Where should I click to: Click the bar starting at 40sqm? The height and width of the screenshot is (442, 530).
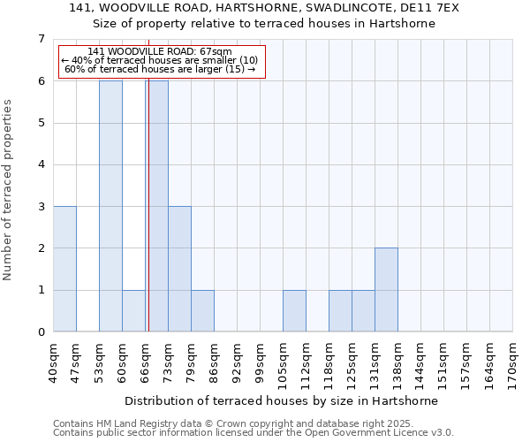[x=64, y=269]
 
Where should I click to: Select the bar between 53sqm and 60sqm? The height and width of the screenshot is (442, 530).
[x=110, y=206]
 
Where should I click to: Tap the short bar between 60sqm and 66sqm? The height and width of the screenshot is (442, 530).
[x=133, y=311]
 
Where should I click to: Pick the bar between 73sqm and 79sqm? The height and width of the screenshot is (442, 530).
[x=179, y=269]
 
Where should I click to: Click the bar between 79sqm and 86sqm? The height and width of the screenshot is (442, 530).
[x=202, y=311]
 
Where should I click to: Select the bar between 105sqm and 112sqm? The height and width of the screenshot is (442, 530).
[x=294, y=311]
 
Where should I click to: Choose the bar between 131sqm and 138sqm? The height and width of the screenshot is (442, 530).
[x=386, y=290]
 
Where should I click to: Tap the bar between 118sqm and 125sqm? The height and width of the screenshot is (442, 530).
[x=340, y=311]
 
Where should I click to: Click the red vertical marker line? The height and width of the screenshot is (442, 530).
[x=148, y=221]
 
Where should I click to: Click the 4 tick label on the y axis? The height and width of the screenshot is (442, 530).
[x=41, y=164]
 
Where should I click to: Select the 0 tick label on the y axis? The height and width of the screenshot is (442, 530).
[x=41, y=332]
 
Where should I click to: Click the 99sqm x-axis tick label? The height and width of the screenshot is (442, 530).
[x=260, y=362]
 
